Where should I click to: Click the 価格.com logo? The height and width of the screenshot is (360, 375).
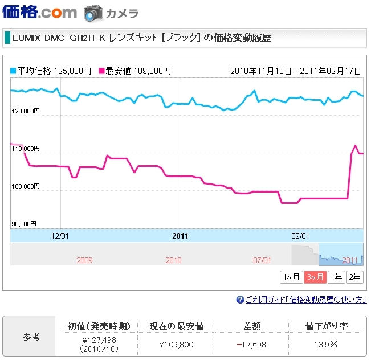tap(39, 13)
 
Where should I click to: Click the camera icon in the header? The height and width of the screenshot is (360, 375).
tap(93, 13)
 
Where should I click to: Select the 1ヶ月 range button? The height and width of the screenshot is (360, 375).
tap(291, 277)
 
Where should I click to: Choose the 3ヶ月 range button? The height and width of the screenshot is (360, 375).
tap(315, 277)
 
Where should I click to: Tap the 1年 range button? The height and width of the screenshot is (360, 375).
tap(336, 277)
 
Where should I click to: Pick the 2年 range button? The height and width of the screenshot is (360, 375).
tap(354, 277)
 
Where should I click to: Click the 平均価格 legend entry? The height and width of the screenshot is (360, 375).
tap(51, 71)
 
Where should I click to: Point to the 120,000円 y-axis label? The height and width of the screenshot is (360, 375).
tap(25, 111)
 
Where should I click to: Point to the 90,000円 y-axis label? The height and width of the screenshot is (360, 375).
tap(23, 224)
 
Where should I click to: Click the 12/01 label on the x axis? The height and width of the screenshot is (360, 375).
tap(60, 235)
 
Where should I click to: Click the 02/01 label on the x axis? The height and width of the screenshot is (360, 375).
tap(300, 235)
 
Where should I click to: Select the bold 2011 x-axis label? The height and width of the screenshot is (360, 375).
tap(180, 235)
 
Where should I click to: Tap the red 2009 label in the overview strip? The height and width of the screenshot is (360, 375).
tap(84, 260)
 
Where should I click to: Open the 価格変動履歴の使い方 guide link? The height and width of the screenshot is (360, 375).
tap(305, 300)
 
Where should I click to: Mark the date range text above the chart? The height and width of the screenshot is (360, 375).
tap(296, 71)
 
